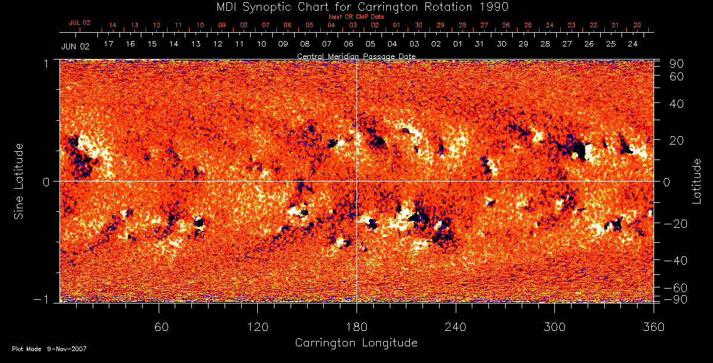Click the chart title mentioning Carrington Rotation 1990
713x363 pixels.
tap(356, 7)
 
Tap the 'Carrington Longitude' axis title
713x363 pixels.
tap(356, 343)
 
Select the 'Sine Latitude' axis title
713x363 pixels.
tap(20, 181)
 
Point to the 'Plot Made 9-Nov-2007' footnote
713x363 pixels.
tap(49, 349)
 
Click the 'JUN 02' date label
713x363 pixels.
tap(75, 45)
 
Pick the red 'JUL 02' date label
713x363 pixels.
tap(80, 23)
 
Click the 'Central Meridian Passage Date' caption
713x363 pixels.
tap(356, 56)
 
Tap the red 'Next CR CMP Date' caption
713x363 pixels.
tap(356, 17)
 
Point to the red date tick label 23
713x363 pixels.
tap(571, 26)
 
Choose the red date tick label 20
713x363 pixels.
tap(637, 26)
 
